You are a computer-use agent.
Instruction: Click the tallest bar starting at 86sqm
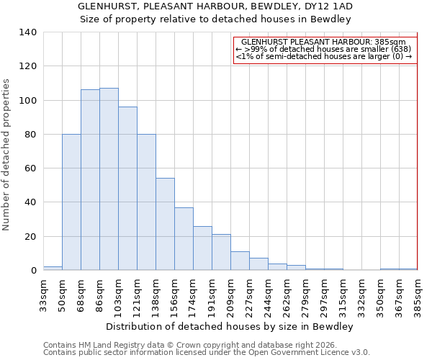pyautogui.click(x=109, y=179)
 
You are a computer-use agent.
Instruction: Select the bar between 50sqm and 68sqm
pyautogui.click(x=71, y=202)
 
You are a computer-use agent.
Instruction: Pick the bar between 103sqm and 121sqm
pyautogui.click(x=127, y=189)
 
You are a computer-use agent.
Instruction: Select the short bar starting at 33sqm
pyautogui.click(x=53, y=268)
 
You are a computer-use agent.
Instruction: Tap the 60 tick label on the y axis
pyautogui.click(x=30, y=168)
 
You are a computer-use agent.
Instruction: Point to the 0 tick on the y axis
pyautogui.click(x=32, y=271)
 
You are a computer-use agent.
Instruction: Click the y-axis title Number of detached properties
pyautogui.click(x=6, y=155)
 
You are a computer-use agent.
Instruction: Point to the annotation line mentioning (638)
pyautogui.click(x=324, y=49)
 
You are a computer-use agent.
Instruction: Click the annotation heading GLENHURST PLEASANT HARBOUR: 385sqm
pyautogui.click(x=324, y=42)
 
